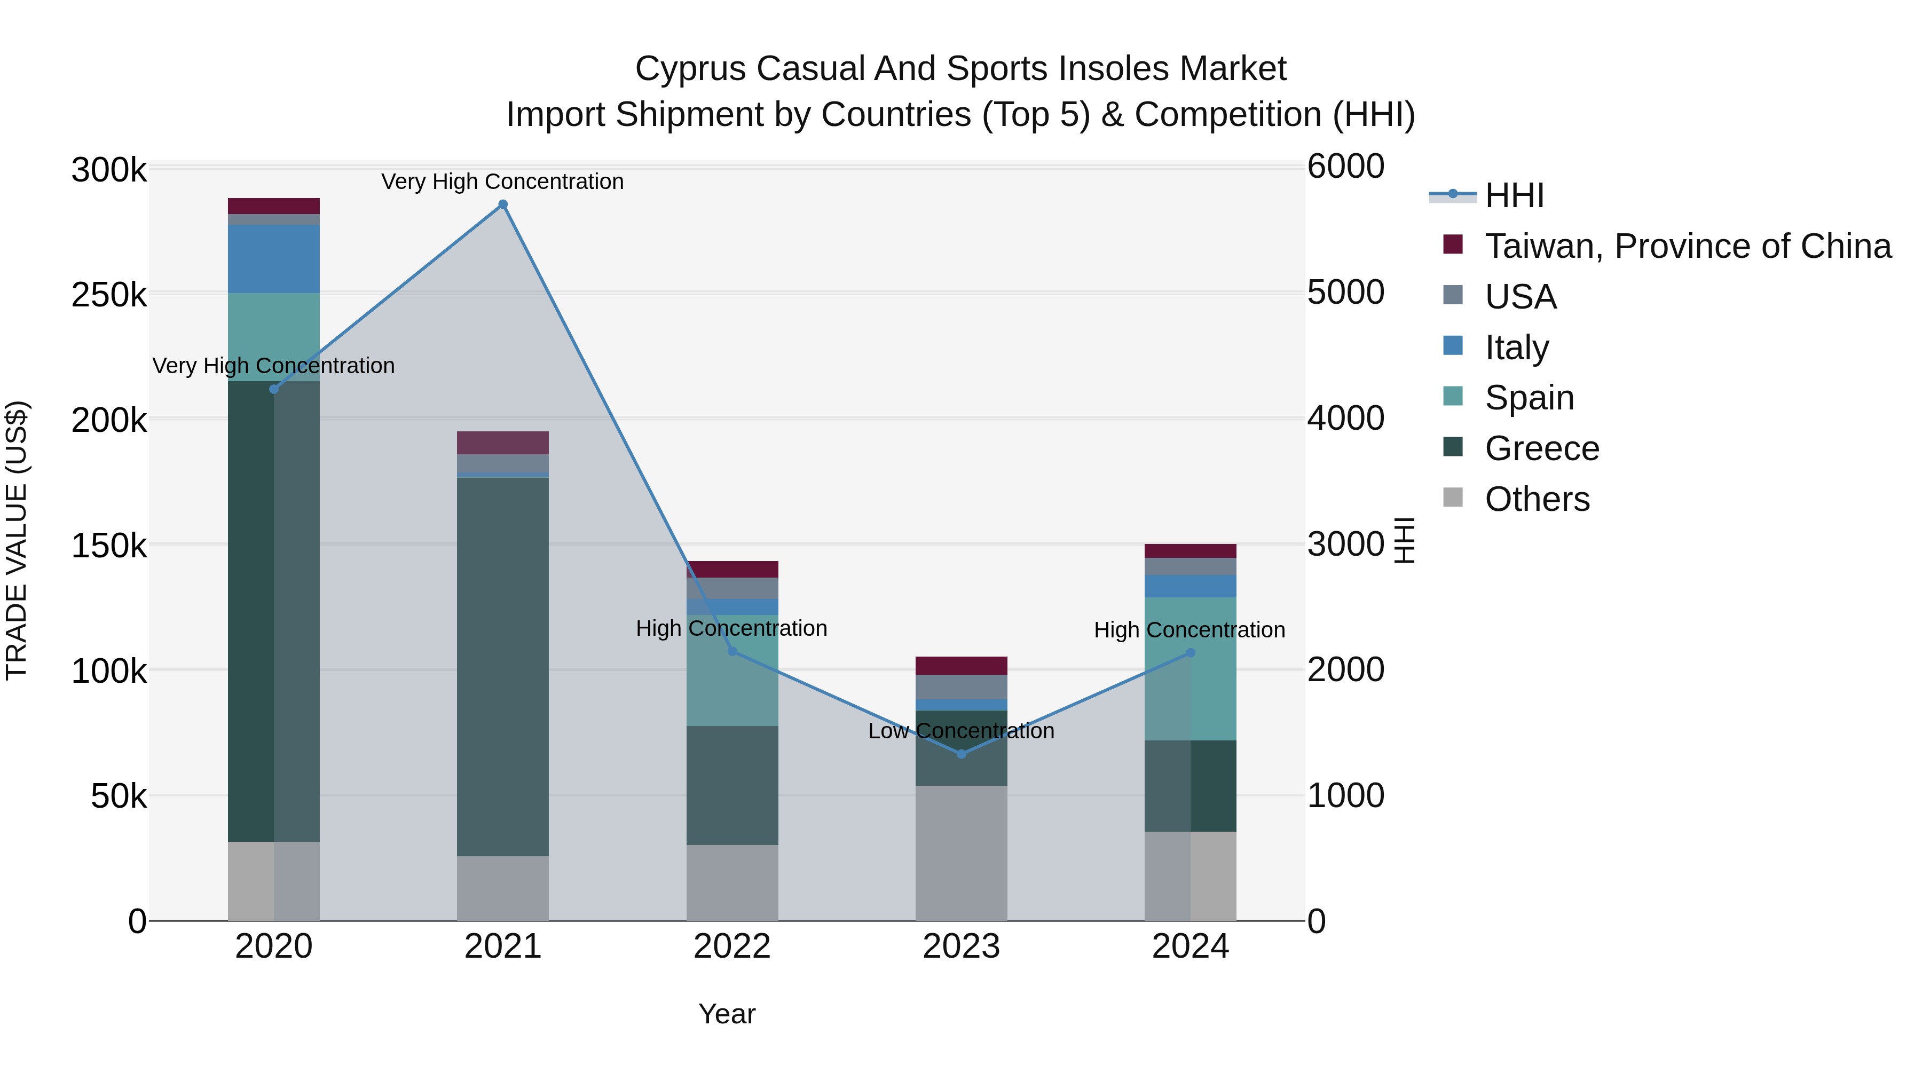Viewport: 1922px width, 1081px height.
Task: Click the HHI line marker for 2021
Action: (502, 204)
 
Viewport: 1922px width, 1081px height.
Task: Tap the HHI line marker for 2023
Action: (961, 754)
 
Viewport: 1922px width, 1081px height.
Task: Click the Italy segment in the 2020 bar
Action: (274, 259)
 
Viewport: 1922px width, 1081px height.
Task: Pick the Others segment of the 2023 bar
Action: (961, 853)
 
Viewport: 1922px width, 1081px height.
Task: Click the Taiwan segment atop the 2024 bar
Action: (1190, 551)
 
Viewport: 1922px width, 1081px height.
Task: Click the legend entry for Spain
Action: (1529, 398)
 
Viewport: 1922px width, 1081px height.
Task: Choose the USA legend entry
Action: (1520, 297)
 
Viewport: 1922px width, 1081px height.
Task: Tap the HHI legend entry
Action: (1514, 195)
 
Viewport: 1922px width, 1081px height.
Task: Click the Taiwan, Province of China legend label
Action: (1688, 246)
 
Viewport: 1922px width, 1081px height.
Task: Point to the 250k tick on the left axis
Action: (109, 295)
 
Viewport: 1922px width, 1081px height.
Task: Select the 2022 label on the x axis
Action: (732, 946)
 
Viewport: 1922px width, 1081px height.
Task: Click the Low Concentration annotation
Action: (961, 730)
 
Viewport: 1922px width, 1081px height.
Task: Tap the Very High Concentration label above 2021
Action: (502, 182)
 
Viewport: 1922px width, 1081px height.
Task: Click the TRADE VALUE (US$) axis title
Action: (17, 540)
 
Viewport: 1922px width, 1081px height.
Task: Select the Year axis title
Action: (727, 1014)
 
